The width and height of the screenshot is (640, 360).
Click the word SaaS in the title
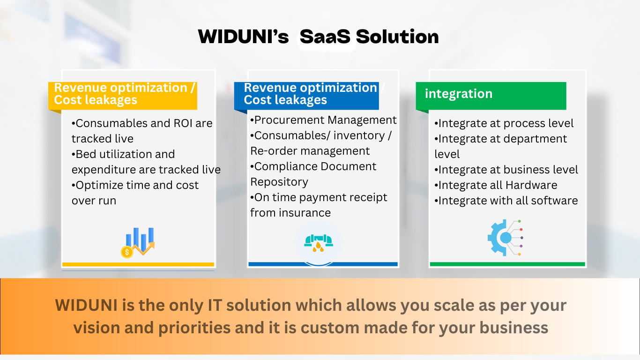pos(325,37)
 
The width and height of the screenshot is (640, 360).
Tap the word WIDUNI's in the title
pos(243,37)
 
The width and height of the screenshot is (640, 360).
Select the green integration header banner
pos(491,96)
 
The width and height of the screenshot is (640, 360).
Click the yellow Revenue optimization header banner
pos(123,96)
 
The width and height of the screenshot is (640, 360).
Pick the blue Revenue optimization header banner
pos(306,96)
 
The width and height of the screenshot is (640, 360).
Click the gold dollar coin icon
pos(127,252)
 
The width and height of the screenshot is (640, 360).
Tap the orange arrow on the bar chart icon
pos(143,248)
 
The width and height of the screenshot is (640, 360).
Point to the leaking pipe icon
pos(319,243)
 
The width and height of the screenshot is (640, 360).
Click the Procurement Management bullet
pos(323,120)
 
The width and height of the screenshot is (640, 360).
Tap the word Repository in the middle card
pos(279,182)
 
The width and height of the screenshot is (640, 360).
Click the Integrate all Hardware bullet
pos(496,185)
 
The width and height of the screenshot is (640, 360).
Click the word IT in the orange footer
pos(215,305)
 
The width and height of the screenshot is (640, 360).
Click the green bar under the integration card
pos(507,264)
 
